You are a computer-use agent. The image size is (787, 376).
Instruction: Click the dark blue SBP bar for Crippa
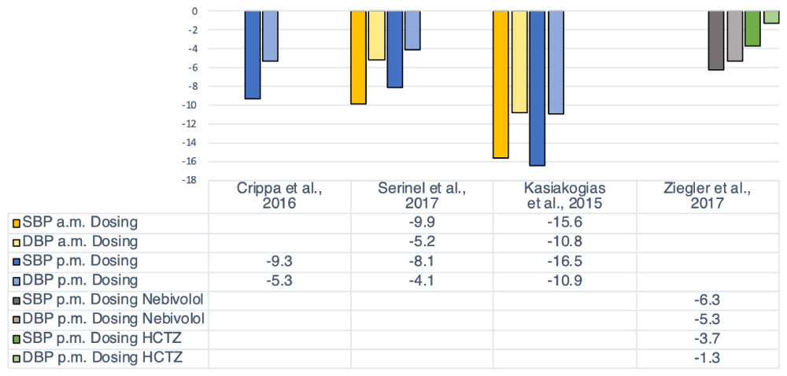tap(252, 54)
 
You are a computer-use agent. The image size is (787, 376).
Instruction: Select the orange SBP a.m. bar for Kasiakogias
tap(501, 84)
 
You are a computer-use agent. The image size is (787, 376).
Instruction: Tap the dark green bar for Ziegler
tap(752, 28)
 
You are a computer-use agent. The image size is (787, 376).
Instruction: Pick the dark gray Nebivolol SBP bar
tap(715, 40)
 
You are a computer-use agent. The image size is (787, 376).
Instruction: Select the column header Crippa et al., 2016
tap(279, 195)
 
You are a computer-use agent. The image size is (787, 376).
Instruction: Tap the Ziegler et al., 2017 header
tap(708, 195)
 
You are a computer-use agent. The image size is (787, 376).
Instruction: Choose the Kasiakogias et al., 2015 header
tap(564, 195)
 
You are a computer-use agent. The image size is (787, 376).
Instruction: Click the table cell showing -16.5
tap(564, 260)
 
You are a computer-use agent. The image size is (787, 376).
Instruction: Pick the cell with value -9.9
tap(422, 222)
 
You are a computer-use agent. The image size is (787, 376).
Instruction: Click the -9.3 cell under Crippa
tap(279, 260)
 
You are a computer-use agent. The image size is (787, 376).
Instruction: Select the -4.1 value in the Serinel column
tap(422, 280)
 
